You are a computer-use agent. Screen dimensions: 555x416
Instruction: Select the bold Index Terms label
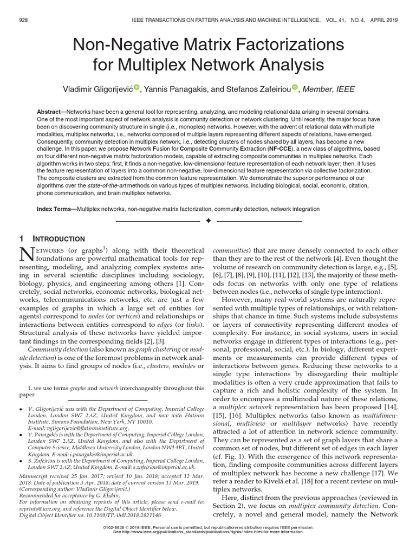tap(56, 209)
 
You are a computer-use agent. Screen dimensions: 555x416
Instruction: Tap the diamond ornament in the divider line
tap(208, 221)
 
